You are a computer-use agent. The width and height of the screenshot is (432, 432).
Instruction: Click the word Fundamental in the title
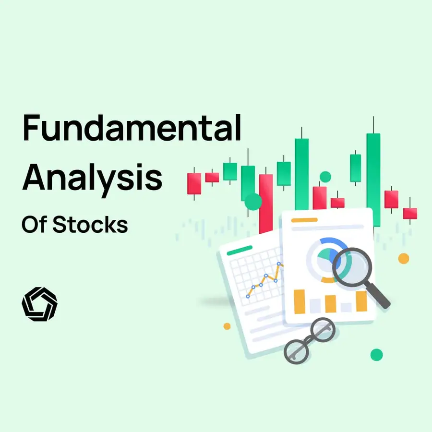131,128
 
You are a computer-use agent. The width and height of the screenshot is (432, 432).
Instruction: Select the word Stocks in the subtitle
90,224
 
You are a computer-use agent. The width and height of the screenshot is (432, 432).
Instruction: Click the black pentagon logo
39,304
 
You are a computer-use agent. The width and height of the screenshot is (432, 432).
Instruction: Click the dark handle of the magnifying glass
379,296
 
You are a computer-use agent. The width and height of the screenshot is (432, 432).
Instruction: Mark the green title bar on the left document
239,250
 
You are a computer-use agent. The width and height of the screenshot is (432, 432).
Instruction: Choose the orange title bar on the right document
304,220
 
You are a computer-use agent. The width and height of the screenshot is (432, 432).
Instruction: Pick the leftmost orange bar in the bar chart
300,301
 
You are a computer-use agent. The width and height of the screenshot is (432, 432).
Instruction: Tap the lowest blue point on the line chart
248,296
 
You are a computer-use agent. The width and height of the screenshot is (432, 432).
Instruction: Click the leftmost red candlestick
194,184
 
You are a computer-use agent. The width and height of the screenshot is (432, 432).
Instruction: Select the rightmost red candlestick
410,213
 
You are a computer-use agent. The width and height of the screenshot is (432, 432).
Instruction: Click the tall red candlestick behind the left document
266,202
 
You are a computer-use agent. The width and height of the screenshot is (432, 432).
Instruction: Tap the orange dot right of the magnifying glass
404,258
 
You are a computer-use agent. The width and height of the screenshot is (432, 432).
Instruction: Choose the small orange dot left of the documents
227,326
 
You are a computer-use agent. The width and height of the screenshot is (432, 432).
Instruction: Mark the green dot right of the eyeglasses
377,355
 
